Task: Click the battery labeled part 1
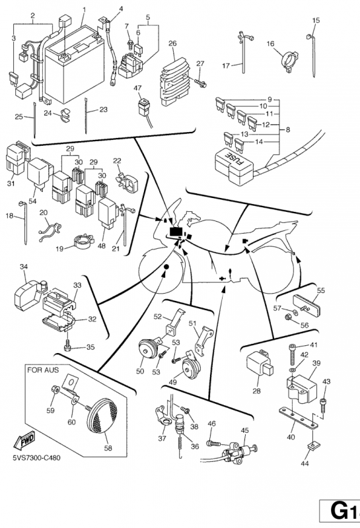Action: pos(73,63)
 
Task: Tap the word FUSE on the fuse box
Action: pos(235,159)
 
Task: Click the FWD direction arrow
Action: pos(24,440)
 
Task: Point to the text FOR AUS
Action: pos(43,370)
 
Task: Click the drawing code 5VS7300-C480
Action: pos(36,458)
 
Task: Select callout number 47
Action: pos(137,88)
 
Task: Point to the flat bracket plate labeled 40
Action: pos(299,419)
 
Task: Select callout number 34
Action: pos(24,267)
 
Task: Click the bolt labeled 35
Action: pos(68,346)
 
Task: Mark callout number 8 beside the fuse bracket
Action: pos(287,129)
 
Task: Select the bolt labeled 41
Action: pos(293,354)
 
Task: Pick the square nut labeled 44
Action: pos(313,446)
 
